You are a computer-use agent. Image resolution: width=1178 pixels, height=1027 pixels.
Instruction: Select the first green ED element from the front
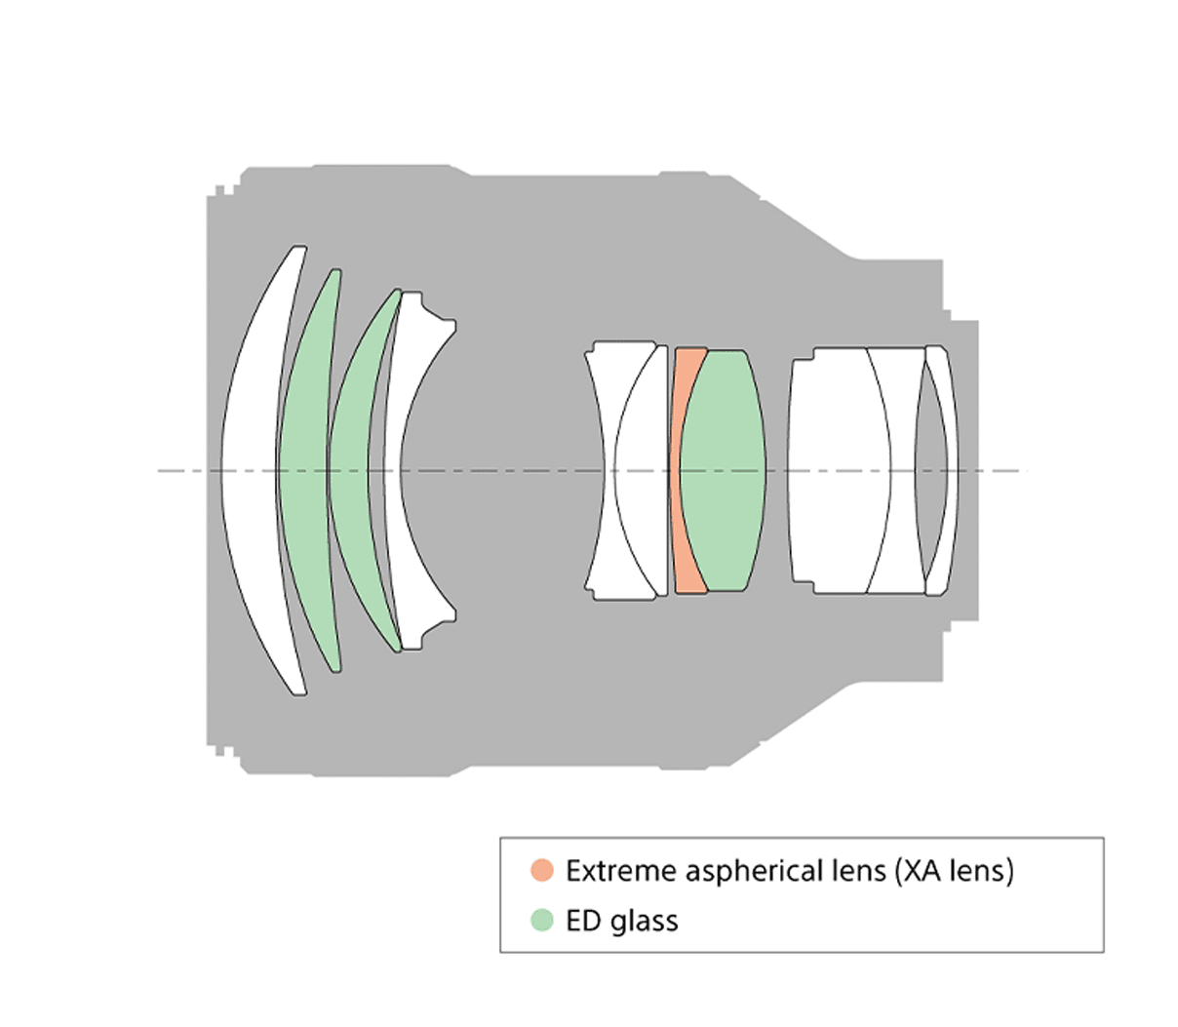click(304, 470)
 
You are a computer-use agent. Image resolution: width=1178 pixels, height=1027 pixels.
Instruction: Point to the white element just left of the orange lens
click(639, 470)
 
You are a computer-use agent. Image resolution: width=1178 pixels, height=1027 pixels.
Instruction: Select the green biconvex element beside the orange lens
click(723, 470)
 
